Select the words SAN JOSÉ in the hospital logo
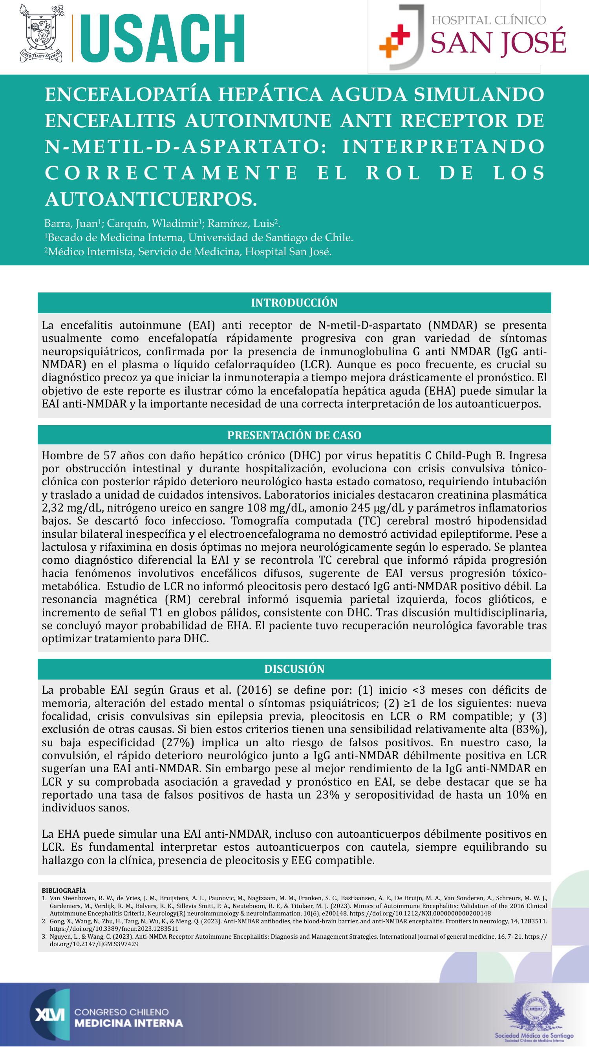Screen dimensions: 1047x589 click(x=498, y=42)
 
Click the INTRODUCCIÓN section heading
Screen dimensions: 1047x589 click(x=294, y=303)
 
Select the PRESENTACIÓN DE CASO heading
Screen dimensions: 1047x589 click(x=294, y=435)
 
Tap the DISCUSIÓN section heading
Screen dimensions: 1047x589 click(x=294, y=669)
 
